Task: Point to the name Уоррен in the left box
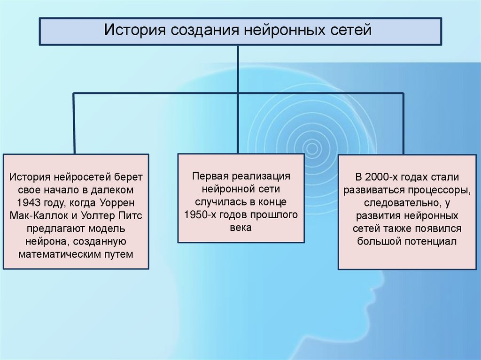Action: tap(117, 203)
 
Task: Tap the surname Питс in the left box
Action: tap(130, 216)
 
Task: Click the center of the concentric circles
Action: tap(312, 148)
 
